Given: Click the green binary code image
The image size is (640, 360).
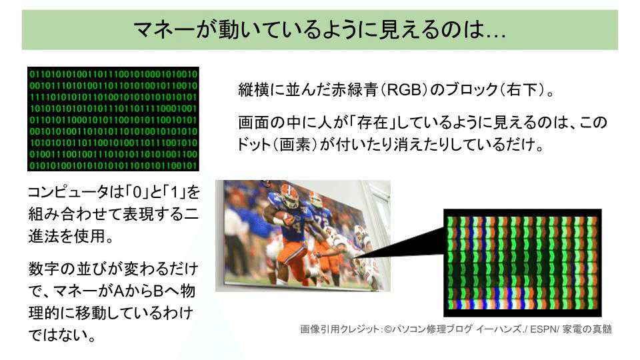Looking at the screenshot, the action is click(x=113, y=119).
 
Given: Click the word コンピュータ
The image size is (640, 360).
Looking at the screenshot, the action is click(x=68, y=192).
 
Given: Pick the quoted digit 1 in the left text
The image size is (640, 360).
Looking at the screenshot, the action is click(x=175, y=192).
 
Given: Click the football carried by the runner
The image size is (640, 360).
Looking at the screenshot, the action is click(x=281, y=214).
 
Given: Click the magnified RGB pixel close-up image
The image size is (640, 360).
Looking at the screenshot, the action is click(x=523, y=263).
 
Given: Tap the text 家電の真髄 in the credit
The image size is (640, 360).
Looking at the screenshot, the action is click(x=587, y=329).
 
